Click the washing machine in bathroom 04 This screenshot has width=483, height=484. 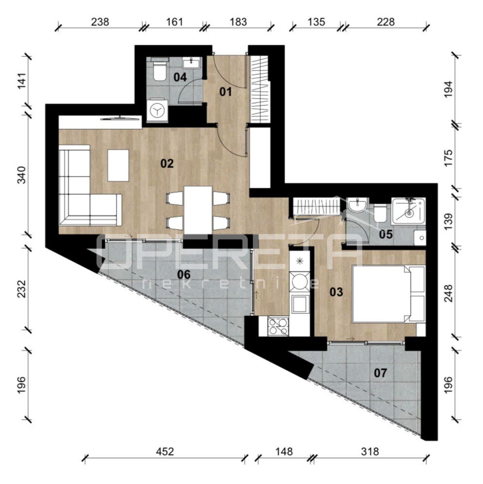[x=157, y=111]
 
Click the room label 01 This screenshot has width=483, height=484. [x=225, y=92]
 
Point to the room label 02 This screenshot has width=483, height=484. [x=167, y=164]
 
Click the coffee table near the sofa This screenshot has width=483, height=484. [x=118, y=165]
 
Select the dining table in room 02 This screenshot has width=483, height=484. [x=198, y=210]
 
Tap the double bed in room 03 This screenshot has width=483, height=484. [x=388, y=294]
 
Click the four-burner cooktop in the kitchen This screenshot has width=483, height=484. [x=278, y=326]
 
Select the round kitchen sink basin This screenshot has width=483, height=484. [x=299, y=282]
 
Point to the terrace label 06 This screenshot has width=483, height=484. [x=184, y=275]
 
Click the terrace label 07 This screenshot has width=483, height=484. [x=380, y=373]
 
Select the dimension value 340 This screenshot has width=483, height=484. [x=22, y=175]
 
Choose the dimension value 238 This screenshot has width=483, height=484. [x=100, y=22]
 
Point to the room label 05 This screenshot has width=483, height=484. [x=386, y=234]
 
